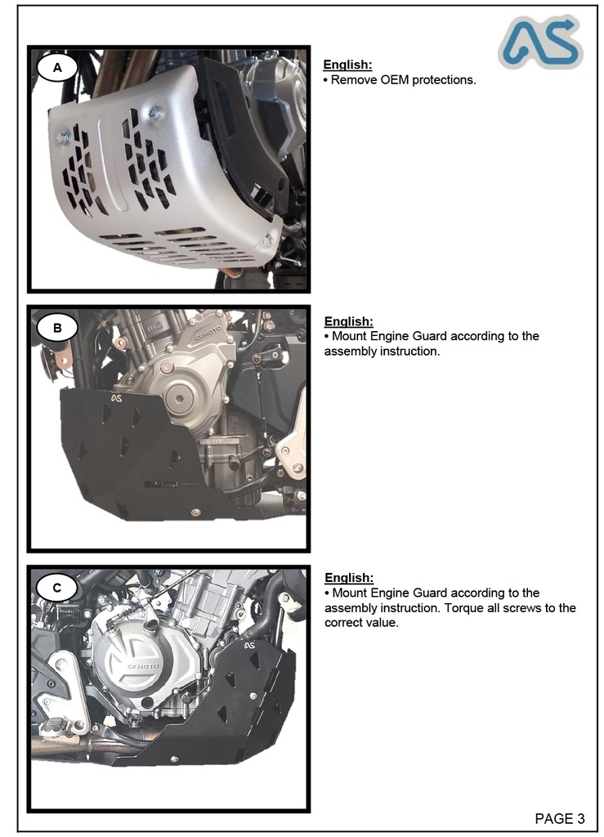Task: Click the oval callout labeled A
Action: [x=57, y=69]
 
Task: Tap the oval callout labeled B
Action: [x=57, y=329]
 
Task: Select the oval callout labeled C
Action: [x=57, y=588]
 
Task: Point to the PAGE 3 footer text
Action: [x=560, y=818]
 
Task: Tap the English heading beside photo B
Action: [x=348, y=321]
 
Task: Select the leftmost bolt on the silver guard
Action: [x=62, y=138]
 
